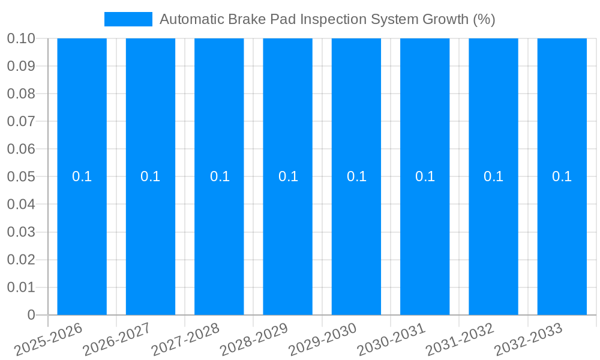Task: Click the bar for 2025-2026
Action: click(x=82, y=240)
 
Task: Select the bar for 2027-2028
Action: click(x=219, y=240)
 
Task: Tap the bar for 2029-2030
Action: click(x=356, y=240)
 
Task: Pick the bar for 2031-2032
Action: click(x=493, y=240)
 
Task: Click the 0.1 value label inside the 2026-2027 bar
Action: click(x=150, y=176)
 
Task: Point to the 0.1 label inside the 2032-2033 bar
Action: click(x=562, y=176)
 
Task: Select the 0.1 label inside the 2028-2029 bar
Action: click(x=288, y=176)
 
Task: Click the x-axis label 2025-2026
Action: click(x=49, y=340)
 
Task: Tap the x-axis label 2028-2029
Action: click(x=255, y=340)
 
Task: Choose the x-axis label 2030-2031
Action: click(x=392, y=340)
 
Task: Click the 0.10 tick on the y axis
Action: click(x=21, y=38)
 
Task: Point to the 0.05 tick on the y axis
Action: click(x=21, y=177)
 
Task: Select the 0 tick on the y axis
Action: click(x=31, y=315)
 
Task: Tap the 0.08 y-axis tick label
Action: click(x=21, y=94)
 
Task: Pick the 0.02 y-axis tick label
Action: click(x=21, y=260)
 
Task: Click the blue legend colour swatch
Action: click(x=128, y=19)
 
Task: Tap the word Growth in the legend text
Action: click(x=446, y=19)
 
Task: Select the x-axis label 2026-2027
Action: click(x=118, y=340)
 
